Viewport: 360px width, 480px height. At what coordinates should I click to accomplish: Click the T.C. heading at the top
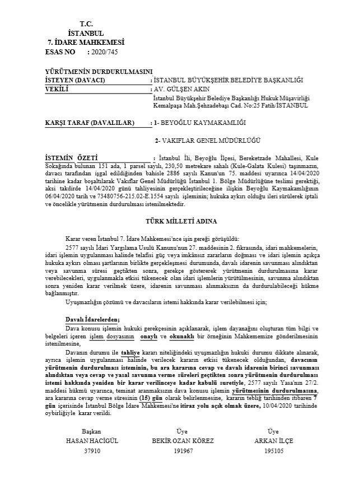coord(86,24)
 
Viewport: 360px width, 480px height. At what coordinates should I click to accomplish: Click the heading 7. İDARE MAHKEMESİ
coord(86,43)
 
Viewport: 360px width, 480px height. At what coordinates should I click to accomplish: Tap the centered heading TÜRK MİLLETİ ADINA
coord(180,222)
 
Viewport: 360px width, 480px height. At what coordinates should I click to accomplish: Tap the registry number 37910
coord(92,450)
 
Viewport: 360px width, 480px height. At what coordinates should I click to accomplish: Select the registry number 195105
coord(273,450)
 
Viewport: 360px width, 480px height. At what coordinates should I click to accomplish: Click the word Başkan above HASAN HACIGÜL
coord(92,432)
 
